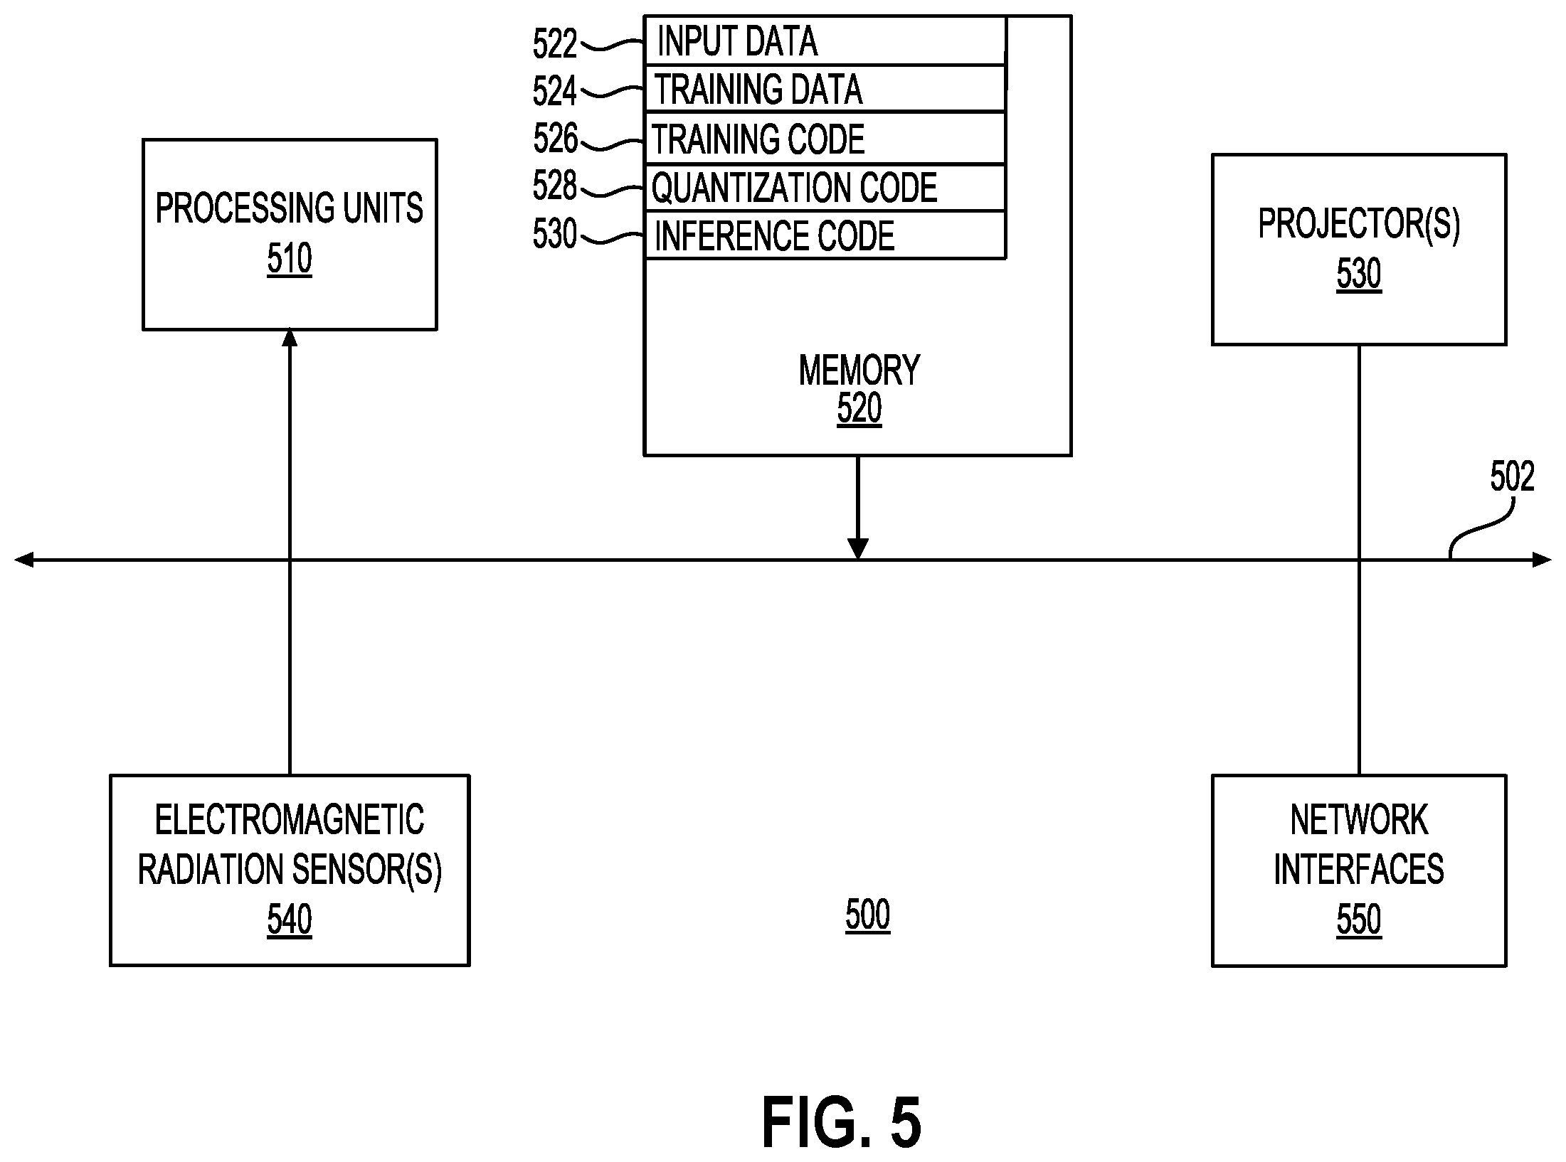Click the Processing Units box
(x=290, y=235)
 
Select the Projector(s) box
(x=1359, y=250)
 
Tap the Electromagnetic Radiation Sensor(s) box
(x=290, y=870)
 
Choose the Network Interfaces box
(x=1359, y=870)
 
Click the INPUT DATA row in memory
(x=825, y=41)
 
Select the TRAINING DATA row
(x=825, y=89)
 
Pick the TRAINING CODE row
(x=825, y=139)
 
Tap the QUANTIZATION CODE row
(x=825, y=188)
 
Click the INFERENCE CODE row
(x=825, y=235)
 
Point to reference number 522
(x=555, y=44)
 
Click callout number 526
(x=555, y=139)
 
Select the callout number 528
(x=555, y=186)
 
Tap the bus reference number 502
(x=1512, y=476)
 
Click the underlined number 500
(x=867, y=915)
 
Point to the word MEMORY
(x=859, y=371)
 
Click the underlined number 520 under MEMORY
(x=859, y=409)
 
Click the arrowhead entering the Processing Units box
(x=290, y=338)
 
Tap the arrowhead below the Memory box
(x=858, y=549)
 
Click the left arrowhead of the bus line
(x=23, y=560)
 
